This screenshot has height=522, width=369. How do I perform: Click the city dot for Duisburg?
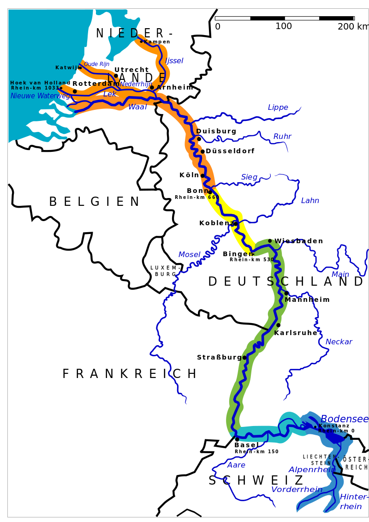tap(199, 138)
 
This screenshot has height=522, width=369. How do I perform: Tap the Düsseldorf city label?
tap(230, 151)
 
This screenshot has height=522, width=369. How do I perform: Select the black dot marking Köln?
tap(202, 175)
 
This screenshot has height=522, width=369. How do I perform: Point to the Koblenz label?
tap(217, 223)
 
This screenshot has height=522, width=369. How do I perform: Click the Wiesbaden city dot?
tap(270, 240)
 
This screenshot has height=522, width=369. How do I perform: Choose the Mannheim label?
tap(307, 300)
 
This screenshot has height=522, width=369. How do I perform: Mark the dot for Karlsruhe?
tap(278, 325)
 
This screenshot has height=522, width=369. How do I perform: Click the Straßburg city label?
tap(220, 358)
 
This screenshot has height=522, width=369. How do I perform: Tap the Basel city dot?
tap(237, 439)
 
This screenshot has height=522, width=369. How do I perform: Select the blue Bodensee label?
tap(345, 419)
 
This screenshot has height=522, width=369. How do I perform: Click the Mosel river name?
tap(190, 255)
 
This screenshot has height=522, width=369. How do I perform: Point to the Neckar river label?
tap(339, 342)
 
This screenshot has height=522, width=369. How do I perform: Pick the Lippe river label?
tap(278, 108)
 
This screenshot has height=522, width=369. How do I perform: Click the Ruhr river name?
tap(282, 137)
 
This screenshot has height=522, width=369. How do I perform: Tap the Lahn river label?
tap(310, 201)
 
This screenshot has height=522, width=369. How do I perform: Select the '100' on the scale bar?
tap(284, 27)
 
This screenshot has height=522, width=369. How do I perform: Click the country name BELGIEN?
tap(94, 202)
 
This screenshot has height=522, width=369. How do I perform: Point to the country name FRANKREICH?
tap(129, 374)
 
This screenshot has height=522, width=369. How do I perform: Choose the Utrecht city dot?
tap(116, 76)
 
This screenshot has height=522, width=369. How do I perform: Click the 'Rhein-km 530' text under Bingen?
tap(252, 260)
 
